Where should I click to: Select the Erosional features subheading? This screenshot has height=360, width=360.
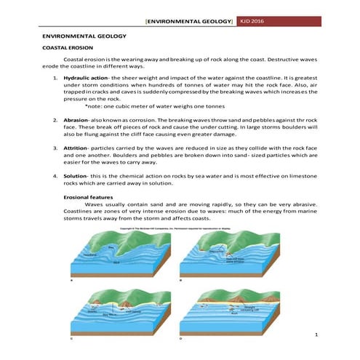click(x=89, y=197)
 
